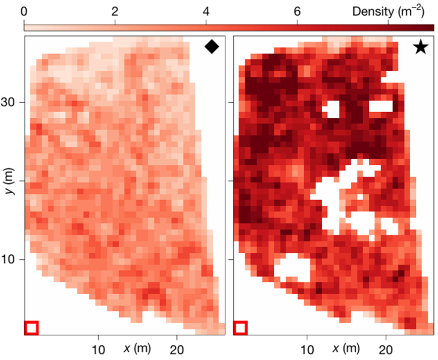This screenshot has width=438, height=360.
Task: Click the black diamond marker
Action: pyautogui.click(x=212, y=47)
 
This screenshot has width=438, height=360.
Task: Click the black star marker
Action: pyautogui.click(x=420, y=48)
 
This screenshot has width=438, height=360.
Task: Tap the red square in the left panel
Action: pyautogui.click(x=31, y=328)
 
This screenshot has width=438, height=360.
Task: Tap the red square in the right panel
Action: pyautogui.click(x=240, y=328)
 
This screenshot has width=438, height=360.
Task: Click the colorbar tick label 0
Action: pyautogui.click(x=25, y=11)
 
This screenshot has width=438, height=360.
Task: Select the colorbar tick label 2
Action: pyautogui.click(x=115, y=11)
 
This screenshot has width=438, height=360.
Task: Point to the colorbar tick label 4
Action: pyautogui.click(x=206, y=11)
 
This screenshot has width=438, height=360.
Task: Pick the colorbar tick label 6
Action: pyautogui.click(x=297, y=11)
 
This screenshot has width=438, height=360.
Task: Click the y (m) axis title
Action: pyautogui.click(x=10, y=181)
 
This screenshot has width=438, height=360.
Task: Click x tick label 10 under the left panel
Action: pyautogui.click(x=98, y=350)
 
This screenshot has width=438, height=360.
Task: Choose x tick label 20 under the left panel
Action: pyautogui.click(x=177, y=350)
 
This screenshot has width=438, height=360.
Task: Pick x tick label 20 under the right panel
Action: pyautogui.click(x=386, y=350)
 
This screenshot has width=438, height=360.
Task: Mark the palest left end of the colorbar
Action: pyautogui.click(x=27, y=26)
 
